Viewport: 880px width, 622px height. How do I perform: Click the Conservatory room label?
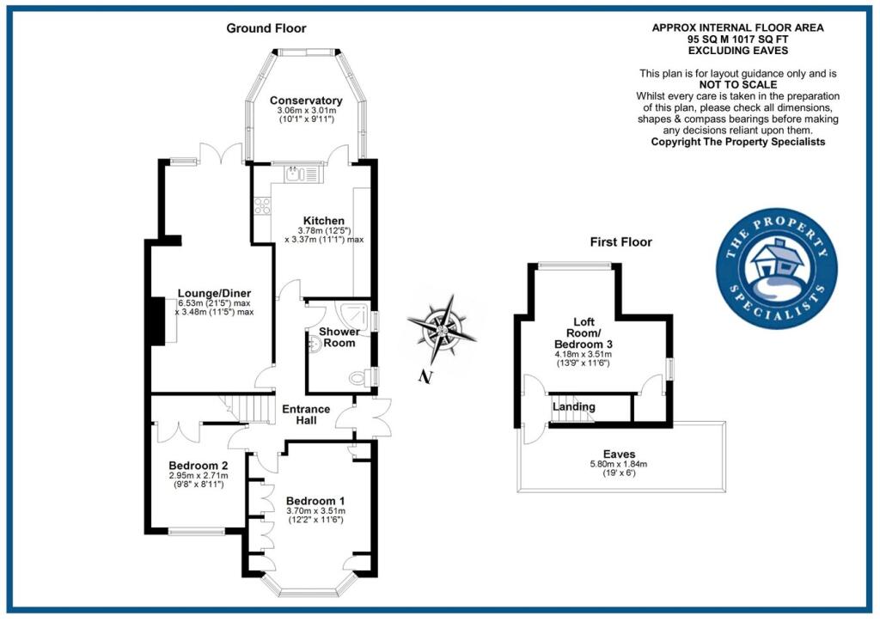click(305, 101)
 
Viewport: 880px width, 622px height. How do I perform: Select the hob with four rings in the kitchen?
click(261, 207)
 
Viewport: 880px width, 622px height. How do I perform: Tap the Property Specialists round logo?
click(776, 268)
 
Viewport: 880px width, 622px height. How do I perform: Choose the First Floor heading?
click(620, 242)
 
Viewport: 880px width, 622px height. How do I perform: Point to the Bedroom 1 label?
click(315, 501)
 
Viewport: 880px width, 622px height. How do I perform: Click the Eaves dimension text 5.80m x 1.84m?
click(619, 465)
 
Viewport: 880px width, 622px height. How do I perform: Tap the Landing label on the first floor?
click(573, 406)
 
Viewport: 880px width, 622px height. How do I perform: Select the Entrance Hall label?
click(307, 415)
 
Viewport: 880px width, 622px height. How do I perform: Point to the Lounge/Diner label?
click(214, 293)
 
